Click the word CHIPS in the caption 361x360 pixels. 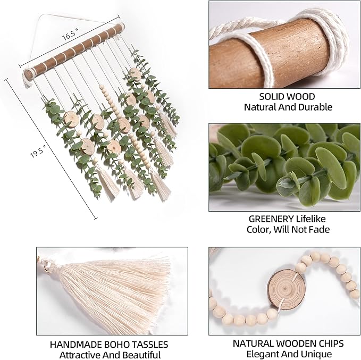pyautogui.click(x=331, y=343)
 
